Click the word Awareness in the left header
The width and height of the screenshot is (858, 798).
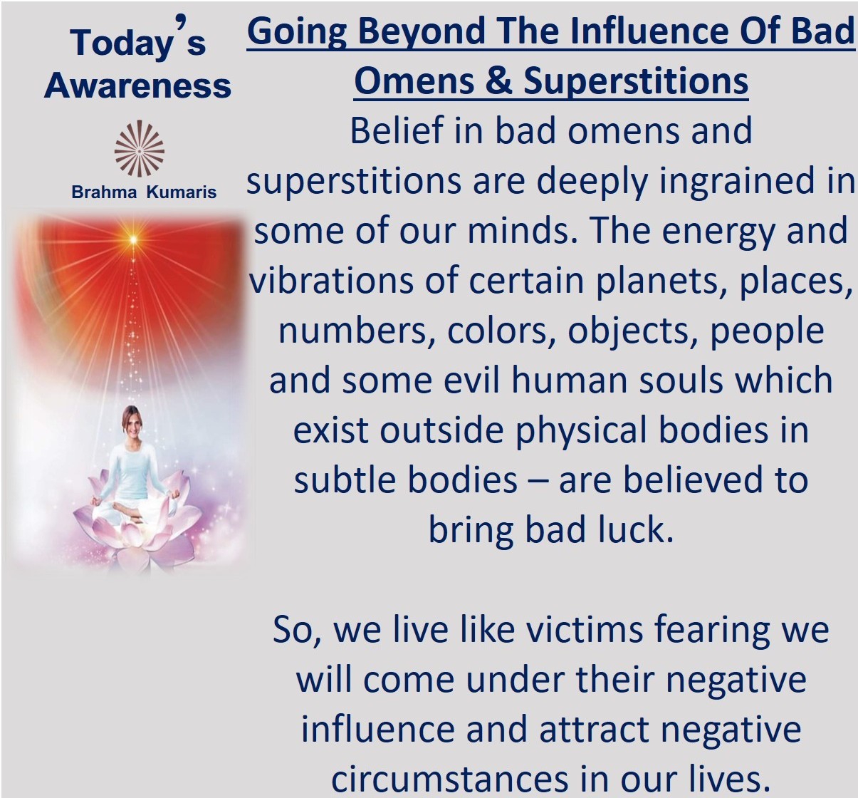coord(138,85)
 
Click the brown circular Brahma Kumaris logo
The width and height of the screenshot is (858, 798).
coord(139,148)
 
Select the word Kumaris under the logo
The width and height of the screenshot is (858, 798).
coord(182,192)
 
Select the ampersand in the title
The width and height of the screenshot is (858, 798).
coord(499,81)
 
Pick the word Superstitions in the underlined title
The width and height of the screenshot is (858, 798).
coord(636,82)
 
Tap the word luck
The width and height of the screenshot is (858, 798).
coord(637,530)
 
